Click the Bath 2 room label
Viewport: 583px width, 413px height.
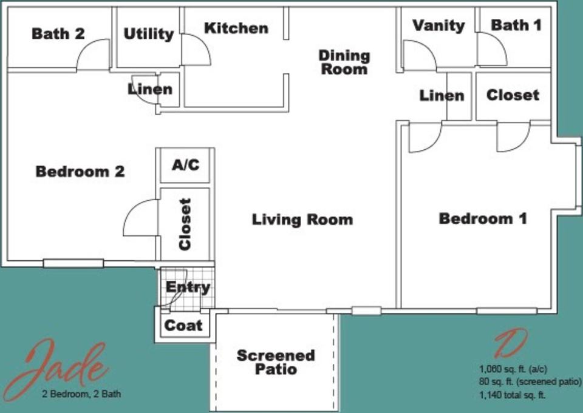point(58,33)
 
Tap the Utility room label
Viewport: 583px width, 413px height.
point(148,34)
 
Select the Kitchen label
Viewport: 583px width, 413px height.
point(236,28)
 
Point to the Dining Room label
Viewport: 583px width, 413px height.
point(344,62)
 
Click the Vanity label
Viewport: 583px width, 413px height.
point(438,25)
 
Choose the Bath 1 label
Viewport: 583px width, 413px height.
point(516,25)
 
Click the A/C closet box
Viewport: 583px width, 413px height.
point(185,165)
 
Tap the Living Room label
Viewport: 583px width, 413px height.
point(302,219)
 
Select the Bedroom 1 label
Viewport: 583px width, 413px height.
point(482,218)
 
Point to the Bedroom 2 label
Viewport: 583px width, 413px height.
point(80,172)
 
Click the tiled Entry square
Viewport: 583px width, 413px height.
point(188,287)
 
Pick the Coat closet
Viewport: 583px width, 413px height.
point(183,325)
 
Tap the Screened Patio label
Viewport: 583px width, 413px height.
point(276,361)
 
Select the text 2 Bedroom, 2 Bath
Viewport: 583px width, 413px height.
point(81,394)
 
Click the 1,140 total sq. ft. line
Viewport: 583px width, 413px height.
point(512,395)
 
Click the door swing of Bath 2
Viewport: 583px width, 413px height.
point(94,55)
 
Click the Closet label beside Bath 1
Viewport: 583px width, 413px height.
point(513,95)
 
